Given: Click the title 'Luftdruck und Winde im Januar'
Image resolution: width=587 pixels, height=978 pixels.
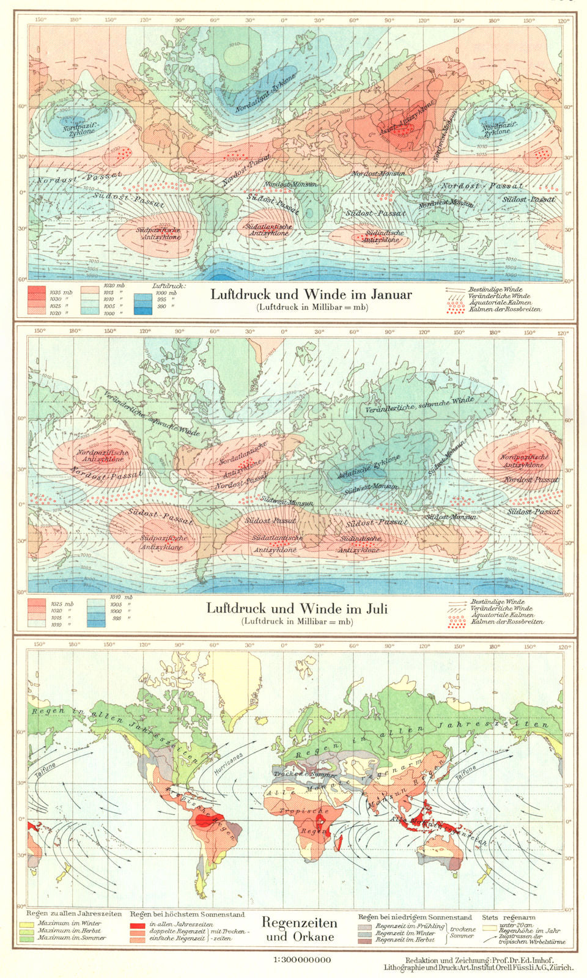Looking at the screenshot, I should (x=311, y=295).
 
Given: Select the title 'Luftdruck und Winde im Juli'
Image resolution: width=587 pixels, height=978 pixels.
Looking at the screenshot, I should (x=297, y=609).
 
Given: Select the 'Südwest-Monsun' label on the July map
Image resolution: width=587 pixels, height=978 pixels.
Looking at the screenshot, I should (x=371, y=487).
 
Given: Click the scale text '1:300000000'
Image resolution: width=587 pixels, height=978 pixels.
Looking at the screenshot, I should (x=302, y=960).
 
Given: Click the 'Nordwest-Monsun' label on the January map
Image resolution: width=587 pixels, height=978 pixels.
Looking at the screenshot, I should (x=446, y=202).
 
